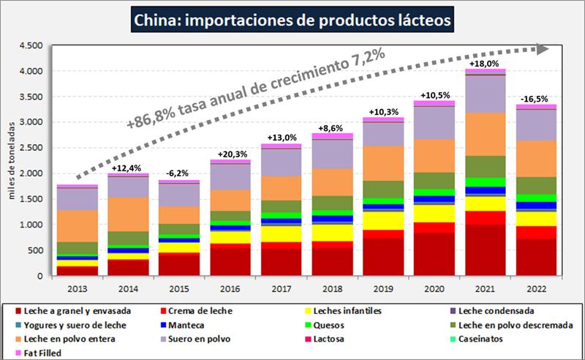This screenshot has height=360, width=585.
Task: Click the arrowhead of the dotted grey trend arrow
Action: coord(542,48)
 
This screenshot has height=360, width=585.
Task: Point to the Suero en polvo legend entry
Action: coord(198,338)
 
